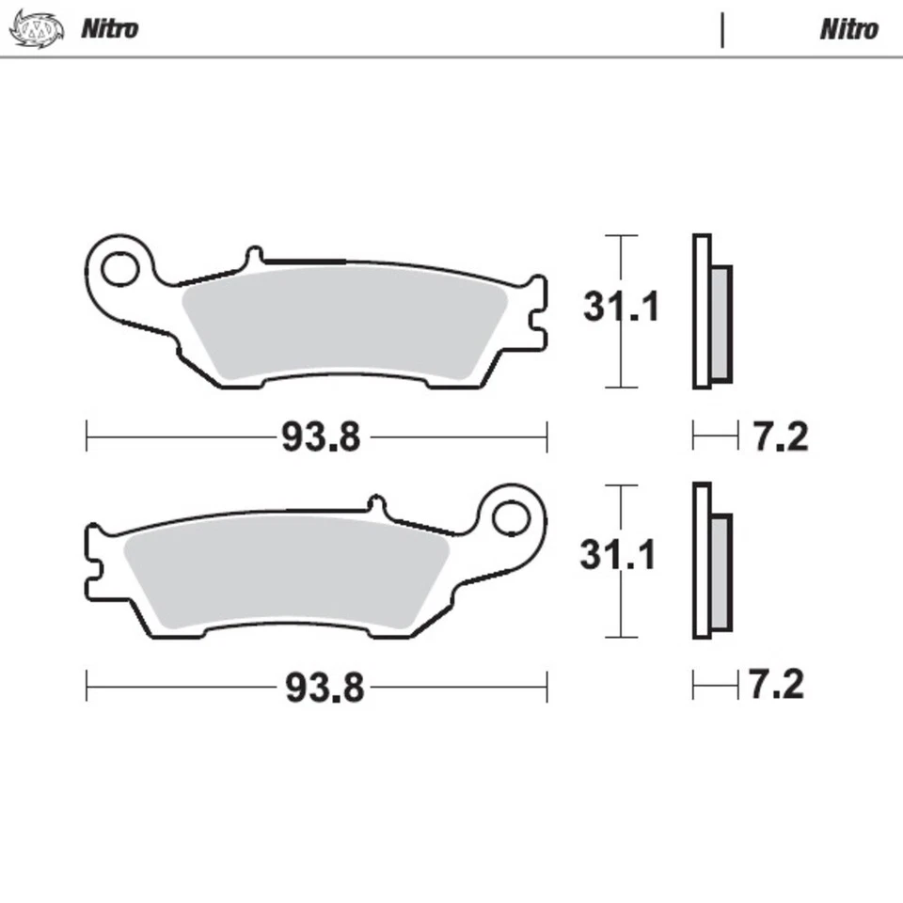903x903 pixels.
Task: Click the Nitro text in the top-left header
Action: (x=109, y=28)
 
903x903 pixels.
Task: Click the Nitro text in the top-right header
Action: (x=848, y=28)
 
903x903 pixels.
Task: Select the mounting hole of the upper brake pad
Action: (x=119, y=269)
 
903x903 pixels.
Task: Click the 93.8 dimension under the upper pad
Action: (x=320, y=437)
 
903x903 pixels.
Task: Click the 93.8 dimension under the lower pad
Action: (x=324, y=689)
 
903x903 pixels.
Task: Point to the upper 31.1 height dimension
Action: (x=621, y=308)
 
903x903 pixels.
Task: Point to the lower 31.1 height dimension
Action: (x=617, y=556)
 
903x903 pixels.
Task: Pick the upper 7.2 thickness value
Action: (x=780, y=436)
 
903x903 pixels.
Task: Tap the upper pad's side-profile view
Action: (x=711, y=311)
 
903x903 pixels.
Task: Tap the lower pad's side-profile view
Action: (x=711, y=561)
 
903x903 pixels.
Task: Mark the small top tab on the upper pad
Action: (x=252, y=257)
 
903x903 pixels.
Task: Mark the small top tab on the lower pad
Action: (x=377, y=505)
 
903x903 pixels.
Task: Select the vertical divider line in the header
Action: (x=722, y=29)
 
